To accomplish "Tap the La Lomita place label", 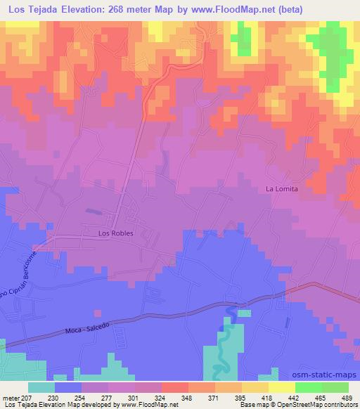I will pos(283,188).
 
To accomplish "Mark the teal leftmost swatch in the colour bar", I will pos(42,387).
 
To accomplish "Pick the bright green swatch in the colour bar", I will pos(308,387).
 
